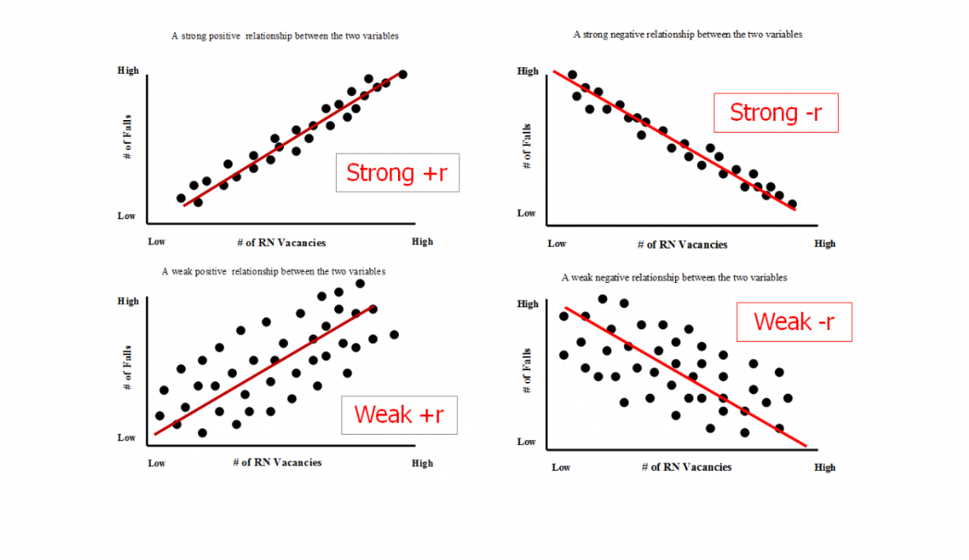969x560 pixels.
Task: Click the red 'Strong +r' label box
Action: click(397, 172)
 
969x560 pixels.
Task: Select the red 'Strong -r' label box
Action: click(776, 113)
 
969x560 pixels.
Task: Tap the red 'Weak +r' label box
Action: click(399, 415)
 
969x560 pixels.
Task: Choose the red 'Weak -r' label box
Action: click(794, 322)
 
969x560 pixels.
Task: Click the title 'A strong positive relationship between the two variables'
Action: click(285, 36)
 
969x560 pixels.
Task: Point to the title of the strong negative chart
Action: click(687, 34)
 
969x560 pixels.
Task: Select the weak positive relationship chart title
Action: click(274, 272)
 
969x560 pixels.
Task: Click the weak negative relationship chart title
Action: click(673, 277)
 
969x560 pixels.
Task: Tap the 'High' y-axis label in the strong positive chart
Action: click(128, 71)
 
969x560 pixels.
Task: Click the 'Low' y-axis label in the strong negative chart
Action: click(526, 213)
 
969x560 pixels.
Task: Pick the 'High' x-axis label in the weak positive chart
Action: click(422, 463)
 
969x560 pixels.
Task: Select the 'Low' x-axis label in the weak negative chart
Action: click(561, 468)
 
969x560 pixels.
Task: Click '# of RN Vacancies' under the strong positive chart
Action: click(281, 243)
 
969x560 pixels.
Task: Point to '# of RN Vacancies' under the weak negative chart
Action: click(686, 468)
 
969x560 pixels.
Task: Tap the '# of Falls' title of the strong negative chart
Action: click(527, 146)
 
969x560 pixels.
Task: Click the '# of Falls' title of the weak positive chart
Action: click(128, 368)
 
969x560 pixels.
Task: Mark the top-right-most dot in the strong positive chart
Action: click(403, 74)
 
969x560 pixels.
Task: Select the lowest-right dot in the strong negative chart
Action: click(792, 204)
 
